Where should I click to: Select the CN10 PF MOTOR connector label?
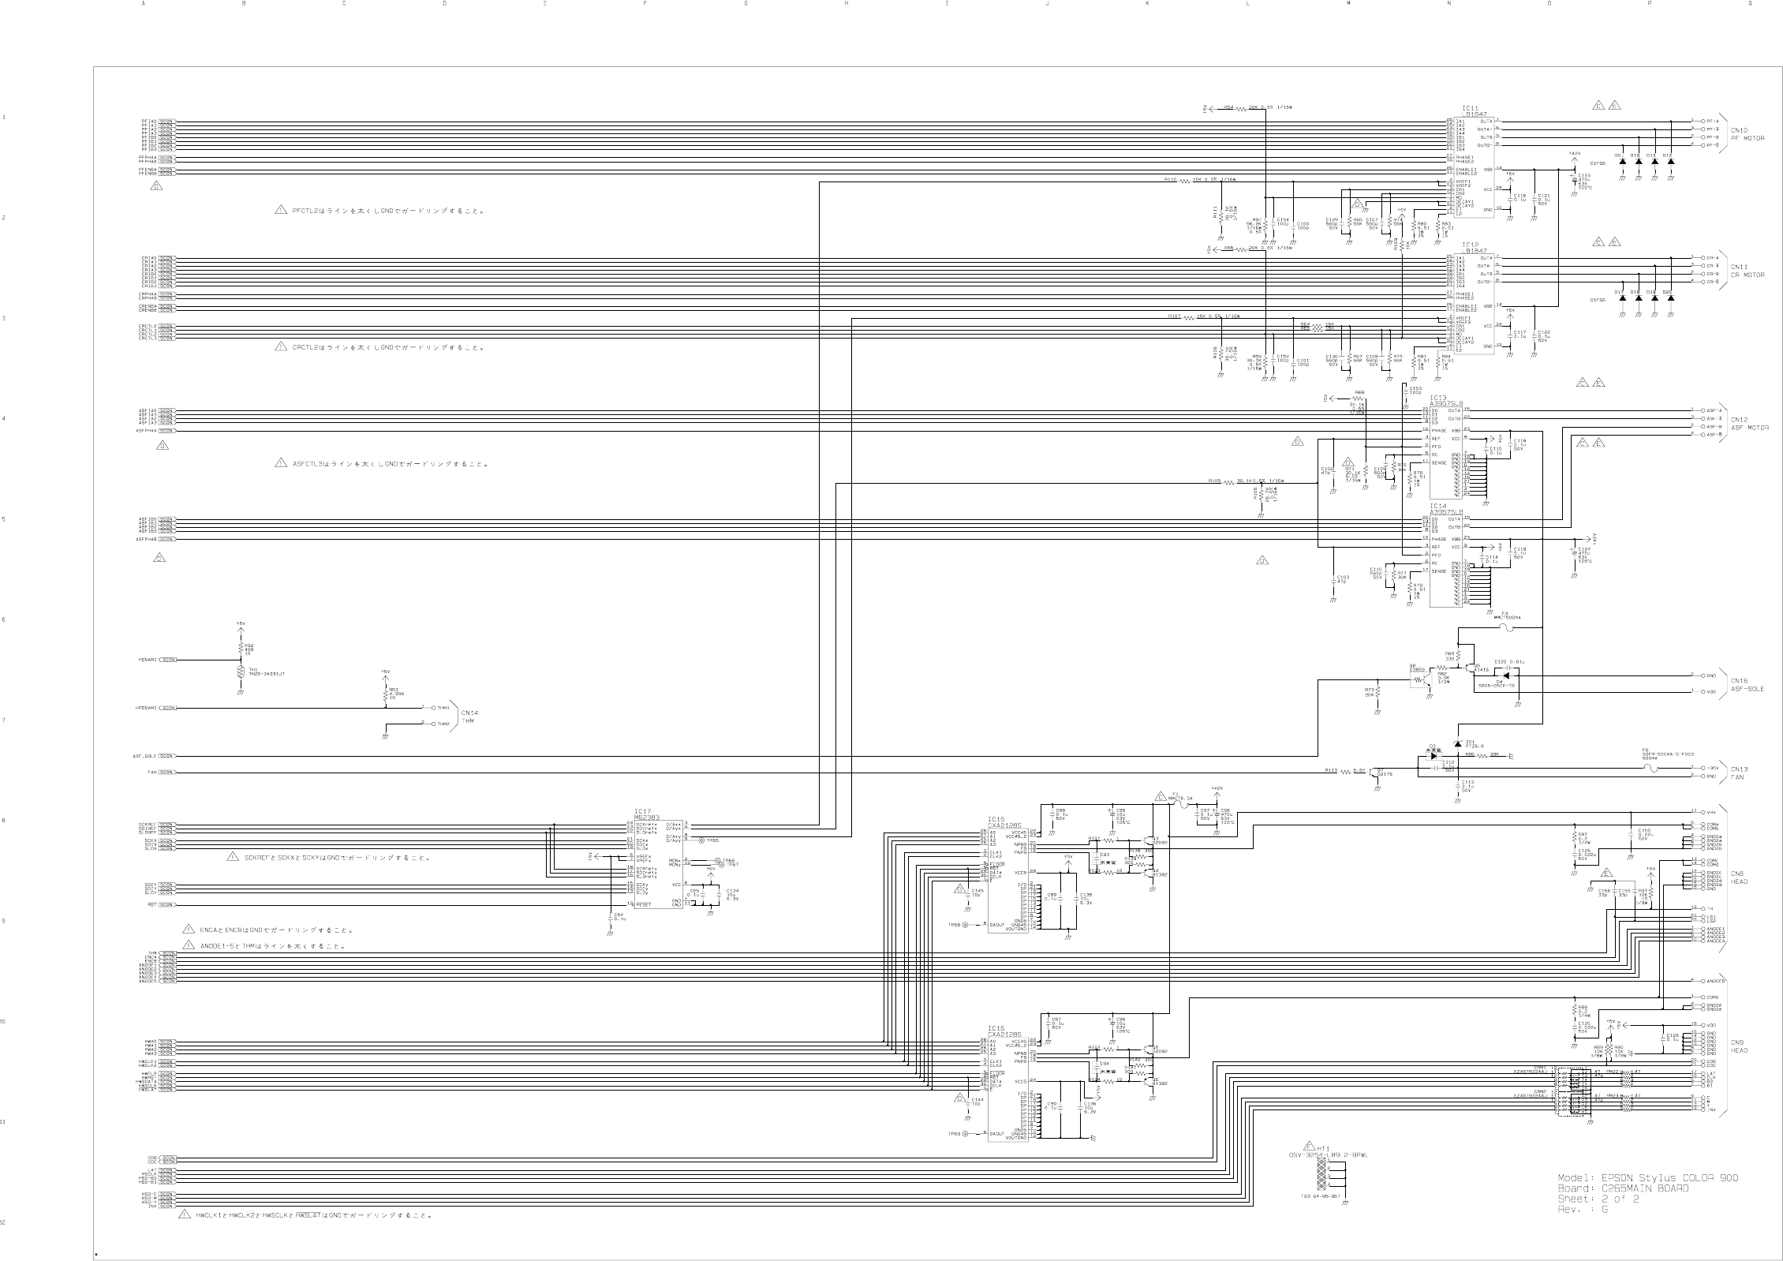click(1747, 134)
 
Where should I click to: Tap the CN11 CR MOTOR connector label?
click(1747, 271)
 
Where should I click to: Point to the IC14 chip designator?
click(1437, 506)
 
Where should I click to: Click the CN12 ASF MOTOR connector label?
click(1749, 423)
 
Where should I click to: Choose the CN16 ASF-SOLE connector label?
click(1747, 684)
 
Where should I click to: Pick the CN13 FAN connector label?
click(1740, 773)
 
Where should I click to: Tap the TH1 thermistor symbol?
click(241, 673)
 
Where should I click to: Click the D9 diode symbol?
click(1622, 162)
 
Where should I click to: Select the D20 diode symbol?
click(1671, 299)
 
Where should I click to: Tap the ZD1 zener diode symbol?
click(1456, 745)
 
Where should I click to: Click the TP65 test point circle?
click(701, 841)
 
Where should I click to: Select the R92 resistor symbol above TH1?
click(241, 649)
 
